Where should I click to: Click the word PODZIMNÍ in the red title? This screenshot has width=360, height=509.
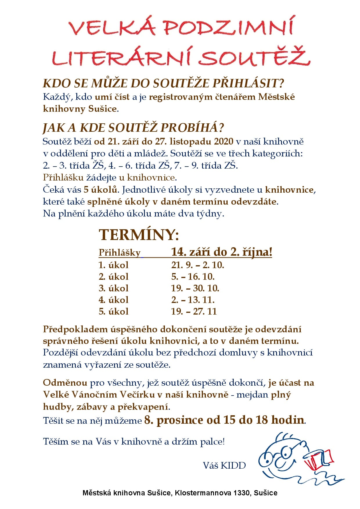228,27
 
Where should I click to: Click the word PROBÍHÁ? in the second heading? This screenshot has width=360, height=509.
192,128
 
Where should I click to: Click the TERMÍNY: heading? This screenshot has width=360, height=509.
139,234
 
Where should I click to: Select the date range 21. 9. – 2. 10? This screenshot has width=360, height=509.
198,265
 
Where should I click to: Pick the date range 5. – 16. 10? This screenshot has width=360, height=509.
193,276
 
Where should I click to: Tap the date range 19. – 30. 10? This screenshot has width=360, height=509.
195,288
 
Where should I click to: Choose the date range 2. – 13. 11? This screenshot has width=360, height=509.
193,299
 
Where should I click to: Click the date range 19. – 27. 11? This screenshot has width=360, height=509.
194,311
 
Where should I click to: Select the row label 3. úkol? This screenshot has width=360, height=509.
114,288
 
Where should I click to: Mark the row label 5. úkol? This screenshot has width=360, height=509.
114,311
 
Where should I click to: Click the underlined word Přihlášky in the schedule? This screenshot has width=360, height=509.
119,252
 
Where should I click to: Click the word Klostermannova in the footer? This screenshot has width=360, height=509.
203,493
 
